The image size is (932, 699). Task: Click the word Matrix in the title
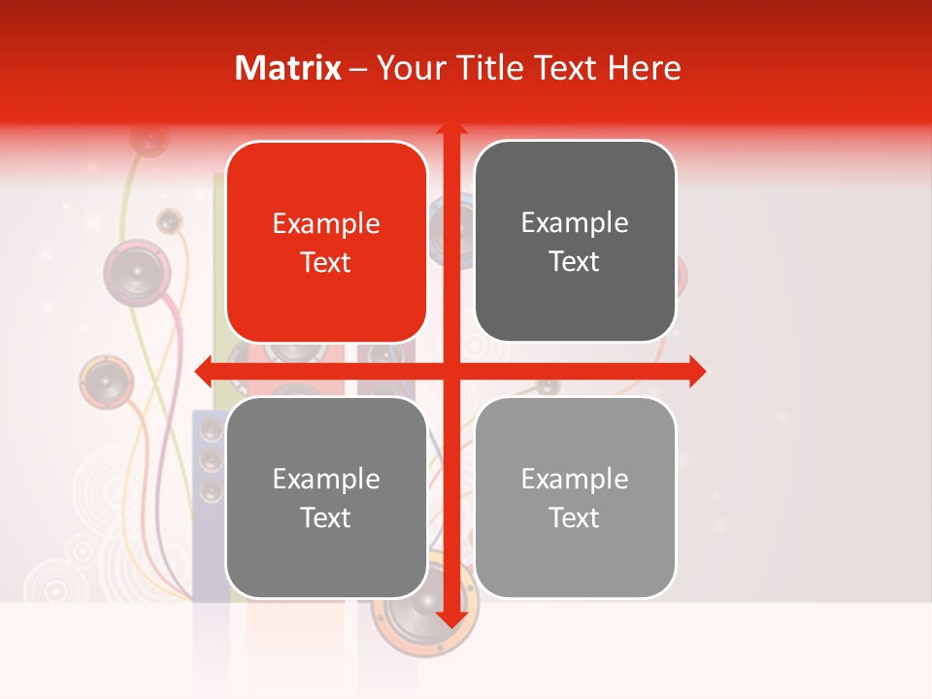click(288, 68)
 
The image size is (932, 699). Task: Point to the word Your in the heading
click(410, 68)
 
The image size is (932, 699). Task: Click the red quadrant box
click(326, 242)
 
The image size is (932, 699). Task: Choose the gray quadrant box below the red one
click(326, 497)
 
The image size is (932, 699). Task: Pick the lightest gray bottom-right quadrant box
click(575, 497)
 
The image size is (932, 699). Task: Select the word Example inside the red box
click(326, 223)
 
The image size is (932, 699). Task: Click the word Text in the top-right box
click(575, 261)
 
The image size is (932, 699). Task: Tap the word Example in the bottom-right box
click(575, 479)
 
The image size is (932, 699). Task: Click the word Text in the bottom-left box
click(326, 517)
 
